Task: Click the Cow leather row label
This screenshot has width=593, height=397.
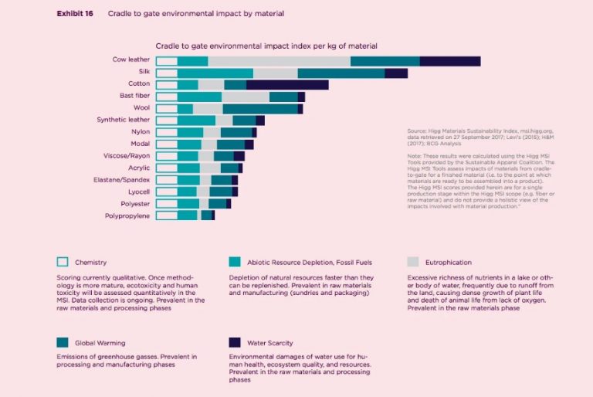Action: point(130,60)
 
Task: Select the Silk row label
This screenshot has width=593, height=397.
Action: point(142,72)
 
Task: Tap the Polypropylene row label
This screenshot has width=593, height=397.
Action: point(127,215)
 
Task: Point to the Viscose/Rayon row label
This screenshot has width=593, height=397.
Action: point(128,155)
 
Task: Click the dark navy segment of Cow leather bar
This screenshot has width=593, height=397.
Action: point(449,61)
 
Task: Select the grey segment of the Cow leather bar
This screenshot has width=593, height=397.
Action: point(279,61)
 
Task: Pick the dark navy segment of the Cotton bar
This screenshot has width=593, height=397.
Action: point(287,85)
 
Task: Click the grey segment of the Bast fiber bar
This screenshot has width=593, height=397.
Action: point(246,97)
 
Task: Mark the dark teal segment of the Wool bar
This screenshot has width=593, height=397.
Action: point(260,109)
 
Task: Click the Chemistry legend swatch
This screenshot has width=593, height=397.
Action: point(63,262)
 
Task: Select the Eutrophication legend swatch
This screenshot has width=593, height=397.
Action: point(412,262)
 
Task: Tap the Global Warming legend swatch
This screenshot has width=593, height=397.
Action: point(63,342)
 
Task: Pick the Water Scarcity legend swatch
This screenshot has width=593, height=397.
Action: point(235,342)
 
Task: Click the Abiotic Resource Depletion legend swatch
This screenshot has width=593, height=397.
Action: point(235,262)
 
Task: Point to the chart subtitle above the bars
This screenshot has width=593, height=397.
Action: point(266,46)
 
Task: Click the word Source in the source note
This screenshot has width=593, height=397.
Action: point(417,131)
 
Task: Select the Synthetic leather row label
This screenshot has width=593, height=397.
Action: point(124,120)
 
